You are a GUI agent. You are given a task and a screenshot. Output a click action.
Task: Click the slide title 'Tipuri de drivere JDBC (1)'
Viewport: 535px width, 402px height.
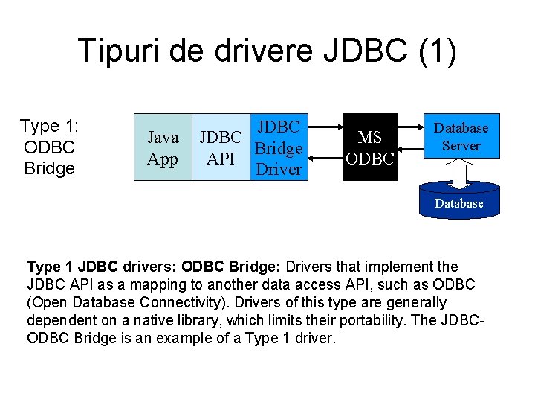tap(267, 50)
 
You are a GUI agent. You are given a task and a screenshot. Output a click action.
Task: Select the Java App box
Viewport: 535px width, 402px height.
tap(163, 147)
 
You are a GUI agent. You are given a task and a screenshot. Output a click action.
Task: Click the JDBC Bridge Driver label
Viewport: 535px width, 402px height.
tap(278, 148)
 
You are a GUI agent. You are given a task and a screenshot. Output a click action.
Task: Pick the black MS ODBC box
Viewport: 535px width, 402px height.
tap(370, 147)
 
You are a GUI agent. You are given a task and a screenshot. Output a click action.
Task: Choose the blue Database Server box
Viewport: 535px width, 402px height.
tap(461, 136)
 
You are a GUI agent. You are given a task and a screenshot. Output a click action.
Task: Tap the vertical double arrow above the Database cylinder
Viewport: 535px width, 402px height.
tap(459, 173)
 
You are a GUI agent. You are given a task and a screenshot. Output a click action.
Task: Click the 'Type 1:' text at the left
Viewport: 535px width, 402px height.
tap(49, 127)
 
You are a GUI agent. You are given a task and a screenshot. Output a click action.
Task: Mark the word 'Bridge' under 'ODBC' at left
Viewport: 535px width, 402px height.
tap(49, 168)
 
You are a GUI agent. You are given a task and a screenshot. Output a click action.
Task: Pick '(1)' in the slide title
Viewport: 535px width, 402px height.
tap(437, 50)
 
